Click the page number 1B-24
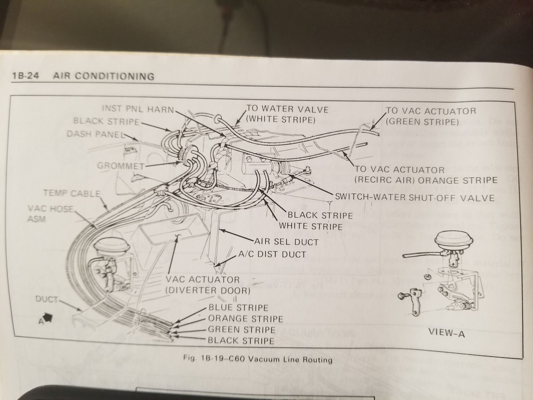(25, 76)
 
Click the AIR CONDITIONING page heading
(104, 76)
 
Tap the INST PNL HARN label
(138, 109)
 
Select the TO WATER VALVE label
(287, 109)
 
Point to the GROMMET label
(121, 166)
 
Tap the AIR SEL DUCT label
(286, 242)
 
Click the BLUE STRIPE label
(238, 307)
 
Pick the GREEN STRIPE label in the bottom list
(241, 330)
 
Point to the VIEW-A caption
(446, 333)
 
